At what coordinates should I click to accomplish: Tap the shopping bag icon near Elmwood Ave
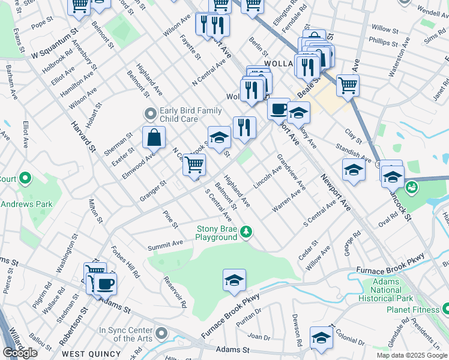[154, 137]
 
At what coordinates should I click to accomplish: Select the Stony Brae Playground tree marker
[246, 231]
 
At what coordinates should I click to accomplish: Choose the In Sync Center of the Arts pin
[161, 332]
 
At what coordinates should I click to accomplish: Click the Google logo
[20, 353]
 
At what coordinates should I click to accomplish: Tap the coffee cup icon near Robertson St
[106, 284]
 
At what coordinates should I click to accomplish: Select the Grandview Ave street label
[291, 172]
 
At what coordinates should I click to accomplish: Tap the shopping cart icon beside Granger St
[194, 164]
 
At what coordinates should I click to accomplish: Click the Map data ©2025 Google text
[411, 355]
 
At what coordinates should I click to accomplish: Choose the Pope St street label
[41, 24]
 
